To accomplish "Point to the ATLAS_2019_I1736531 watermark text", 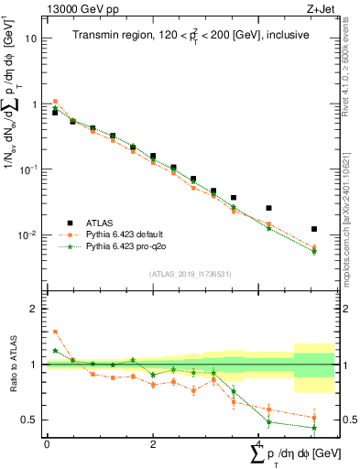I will pyautogui.click(x=190, y=273).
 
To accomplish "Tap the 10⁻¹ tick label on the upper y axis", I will pyautogui.click(x=28, y=170).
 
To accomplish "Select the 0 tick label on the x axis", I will pyautogui.click(x=47, y=444).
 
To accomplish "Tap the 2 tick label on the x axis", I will pyautogui.click(x=152, y=444).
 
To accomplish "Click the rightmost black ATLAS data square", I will pyautogui.click(x=314, y=229).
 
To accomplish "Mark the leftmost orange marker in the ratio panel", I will pyautogui.click(x=55, y=332).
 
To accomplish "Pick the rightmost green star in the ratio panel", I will pyautogui.click(x=314, y=428).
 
